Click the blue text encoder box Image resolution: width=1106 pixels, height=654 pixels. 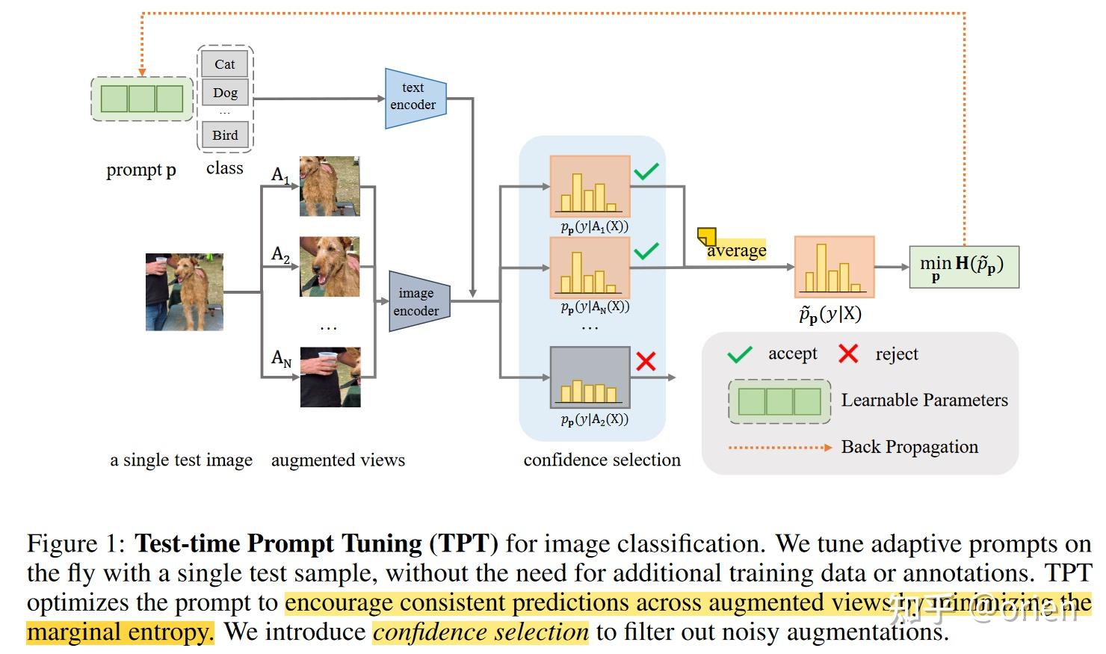415,98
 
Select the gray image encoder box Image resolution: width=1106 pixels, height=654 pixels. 418,302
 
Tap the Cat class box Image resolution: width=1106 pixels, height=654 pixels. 224,64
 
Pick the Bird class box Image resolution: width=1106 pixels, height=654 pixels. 225,135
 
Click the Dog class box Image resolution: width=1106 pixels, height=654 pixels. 225,93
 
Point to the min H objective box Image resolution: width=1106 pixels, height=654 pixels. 963,267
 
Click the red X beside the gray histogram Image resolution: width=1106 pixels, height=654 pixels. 646,362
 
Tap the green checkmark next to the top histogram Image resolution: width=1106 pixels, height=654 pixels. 646,172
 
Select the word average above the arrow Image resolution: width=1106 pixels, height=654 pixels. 736,250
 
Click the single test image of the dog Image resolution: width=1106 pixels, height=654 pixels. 184,292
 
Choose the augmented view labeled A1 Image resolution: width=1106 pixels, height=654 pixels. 330,186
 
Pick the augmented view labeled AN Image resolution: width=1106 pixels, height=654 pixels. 330,377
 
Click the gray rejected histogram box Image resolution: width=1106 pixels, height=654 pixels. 590,377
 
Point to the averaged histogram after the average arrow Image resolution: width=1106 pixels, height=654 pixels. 833,267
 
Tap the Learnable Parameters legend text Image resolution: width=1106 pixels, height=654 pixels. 924,401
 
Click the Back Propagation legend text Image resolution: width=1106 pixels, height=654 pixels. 909,447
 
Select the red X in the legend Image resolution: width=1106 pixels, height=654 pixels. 848,354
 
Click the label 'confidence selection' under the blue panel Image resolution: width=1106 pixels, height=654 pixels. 602,460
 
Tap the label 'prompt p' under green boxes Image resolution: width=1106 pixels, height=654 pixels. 141,170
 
